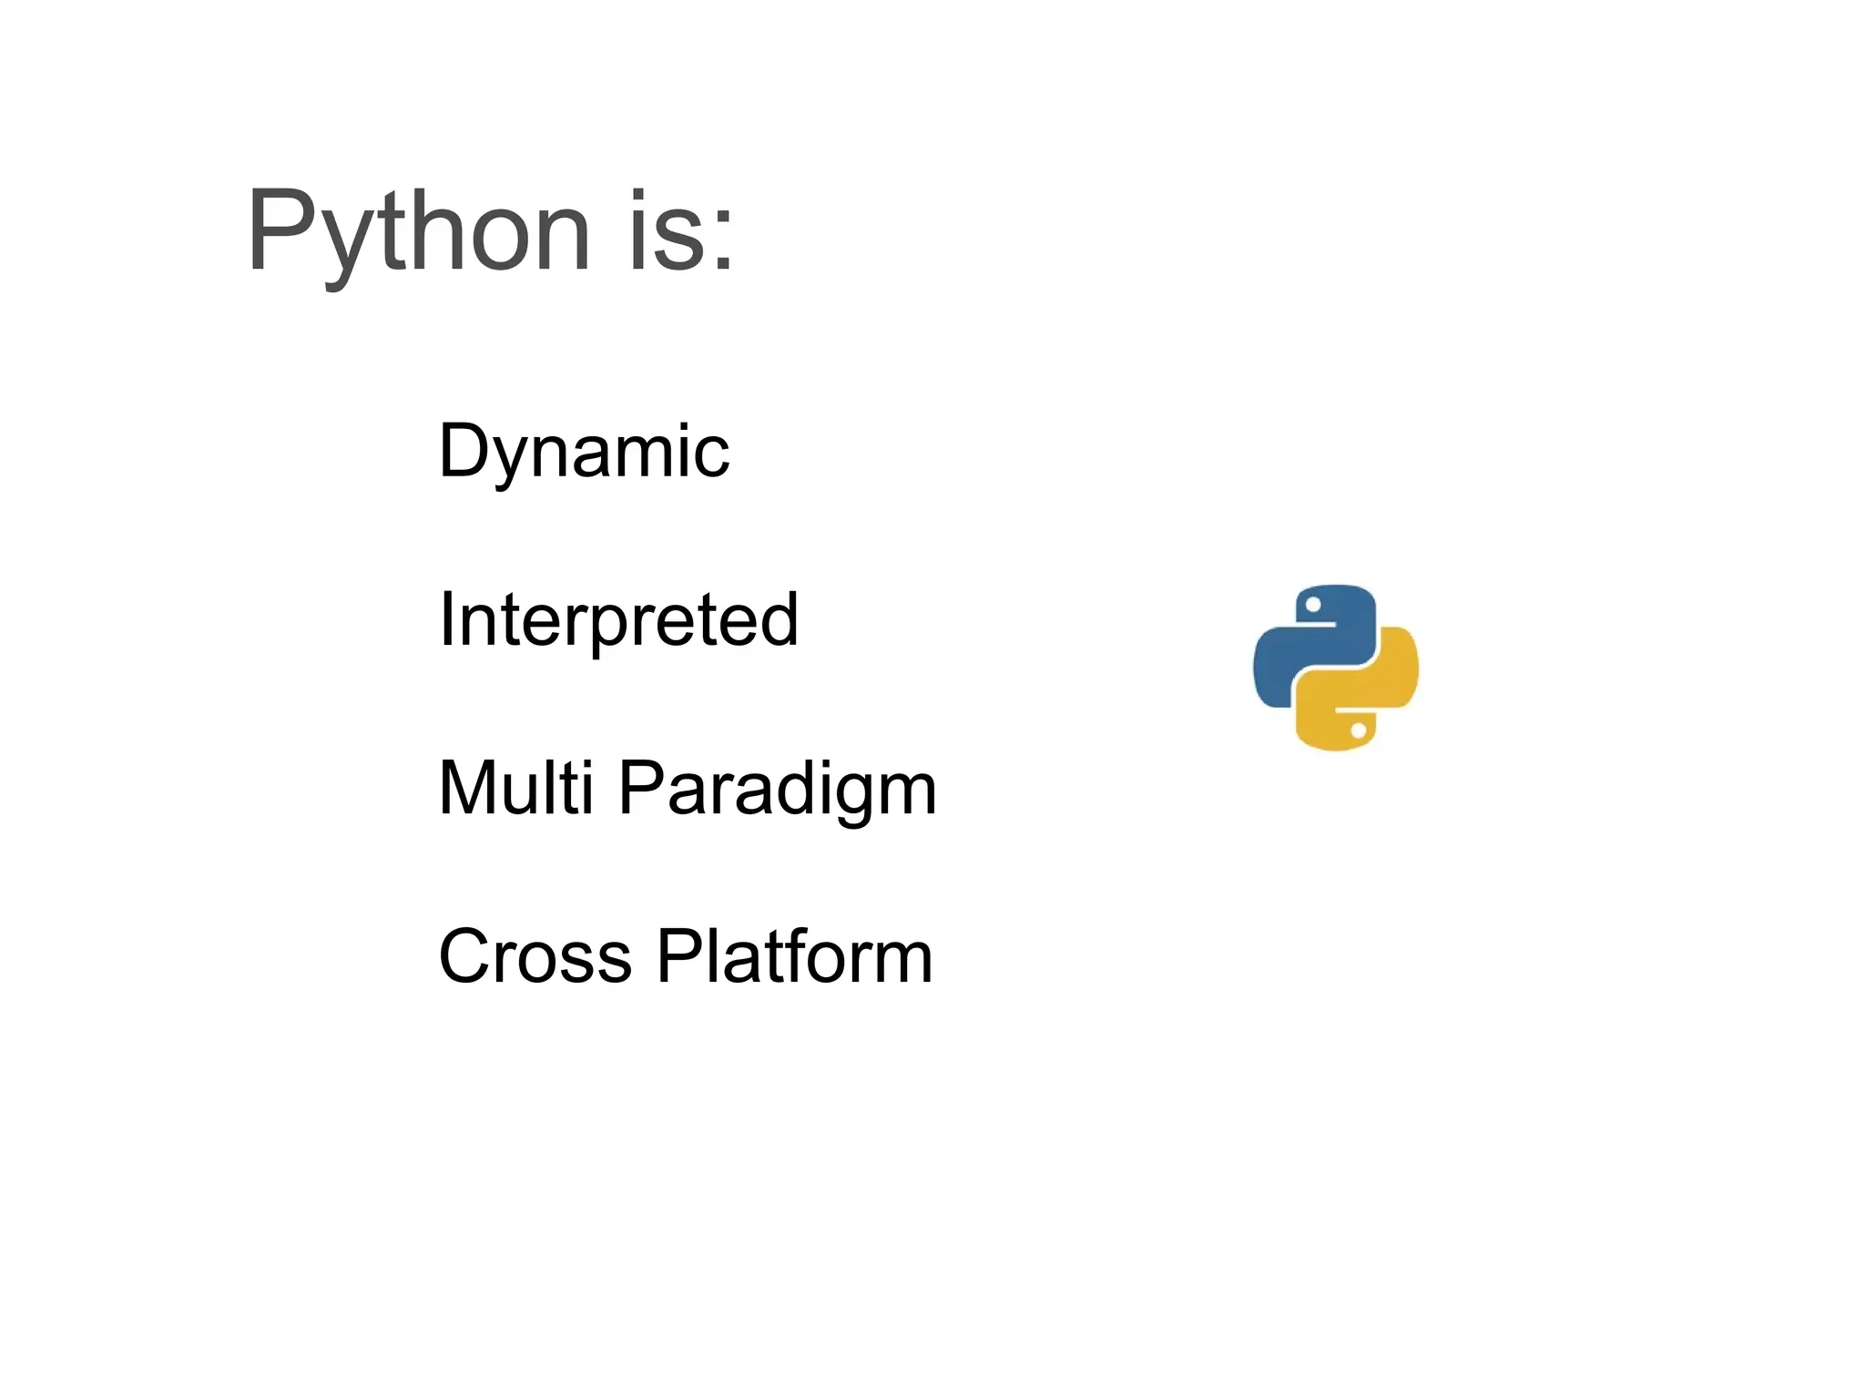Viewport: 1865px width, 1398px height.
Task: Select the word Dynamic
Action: click(584, 452)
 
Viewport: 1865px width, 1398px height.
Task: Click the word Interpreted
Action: click(618, 619)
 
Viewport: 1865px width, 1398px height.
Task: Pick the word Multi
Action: click(515, 788)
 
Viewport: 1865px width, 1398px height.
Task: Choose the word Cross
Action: click(535, 956)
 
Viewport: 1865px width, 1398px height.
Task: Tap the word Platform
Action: click(794, 956)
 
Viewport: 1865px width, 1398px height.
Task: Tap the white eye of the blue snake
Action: click(1313, 605)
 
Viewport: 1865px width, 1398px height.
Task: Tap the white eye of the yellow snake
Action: click(1358, 730)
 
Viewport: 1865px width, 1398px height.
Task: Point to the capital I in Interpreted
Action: click(446, 619)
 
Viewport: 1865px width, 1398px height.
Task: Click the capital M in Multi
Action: click(470, 788)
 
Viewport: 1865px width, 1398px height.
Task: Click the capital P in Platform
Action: click(679, 956)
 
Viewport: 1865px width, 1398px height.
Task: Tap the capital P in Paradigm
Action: click(640, 788)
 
